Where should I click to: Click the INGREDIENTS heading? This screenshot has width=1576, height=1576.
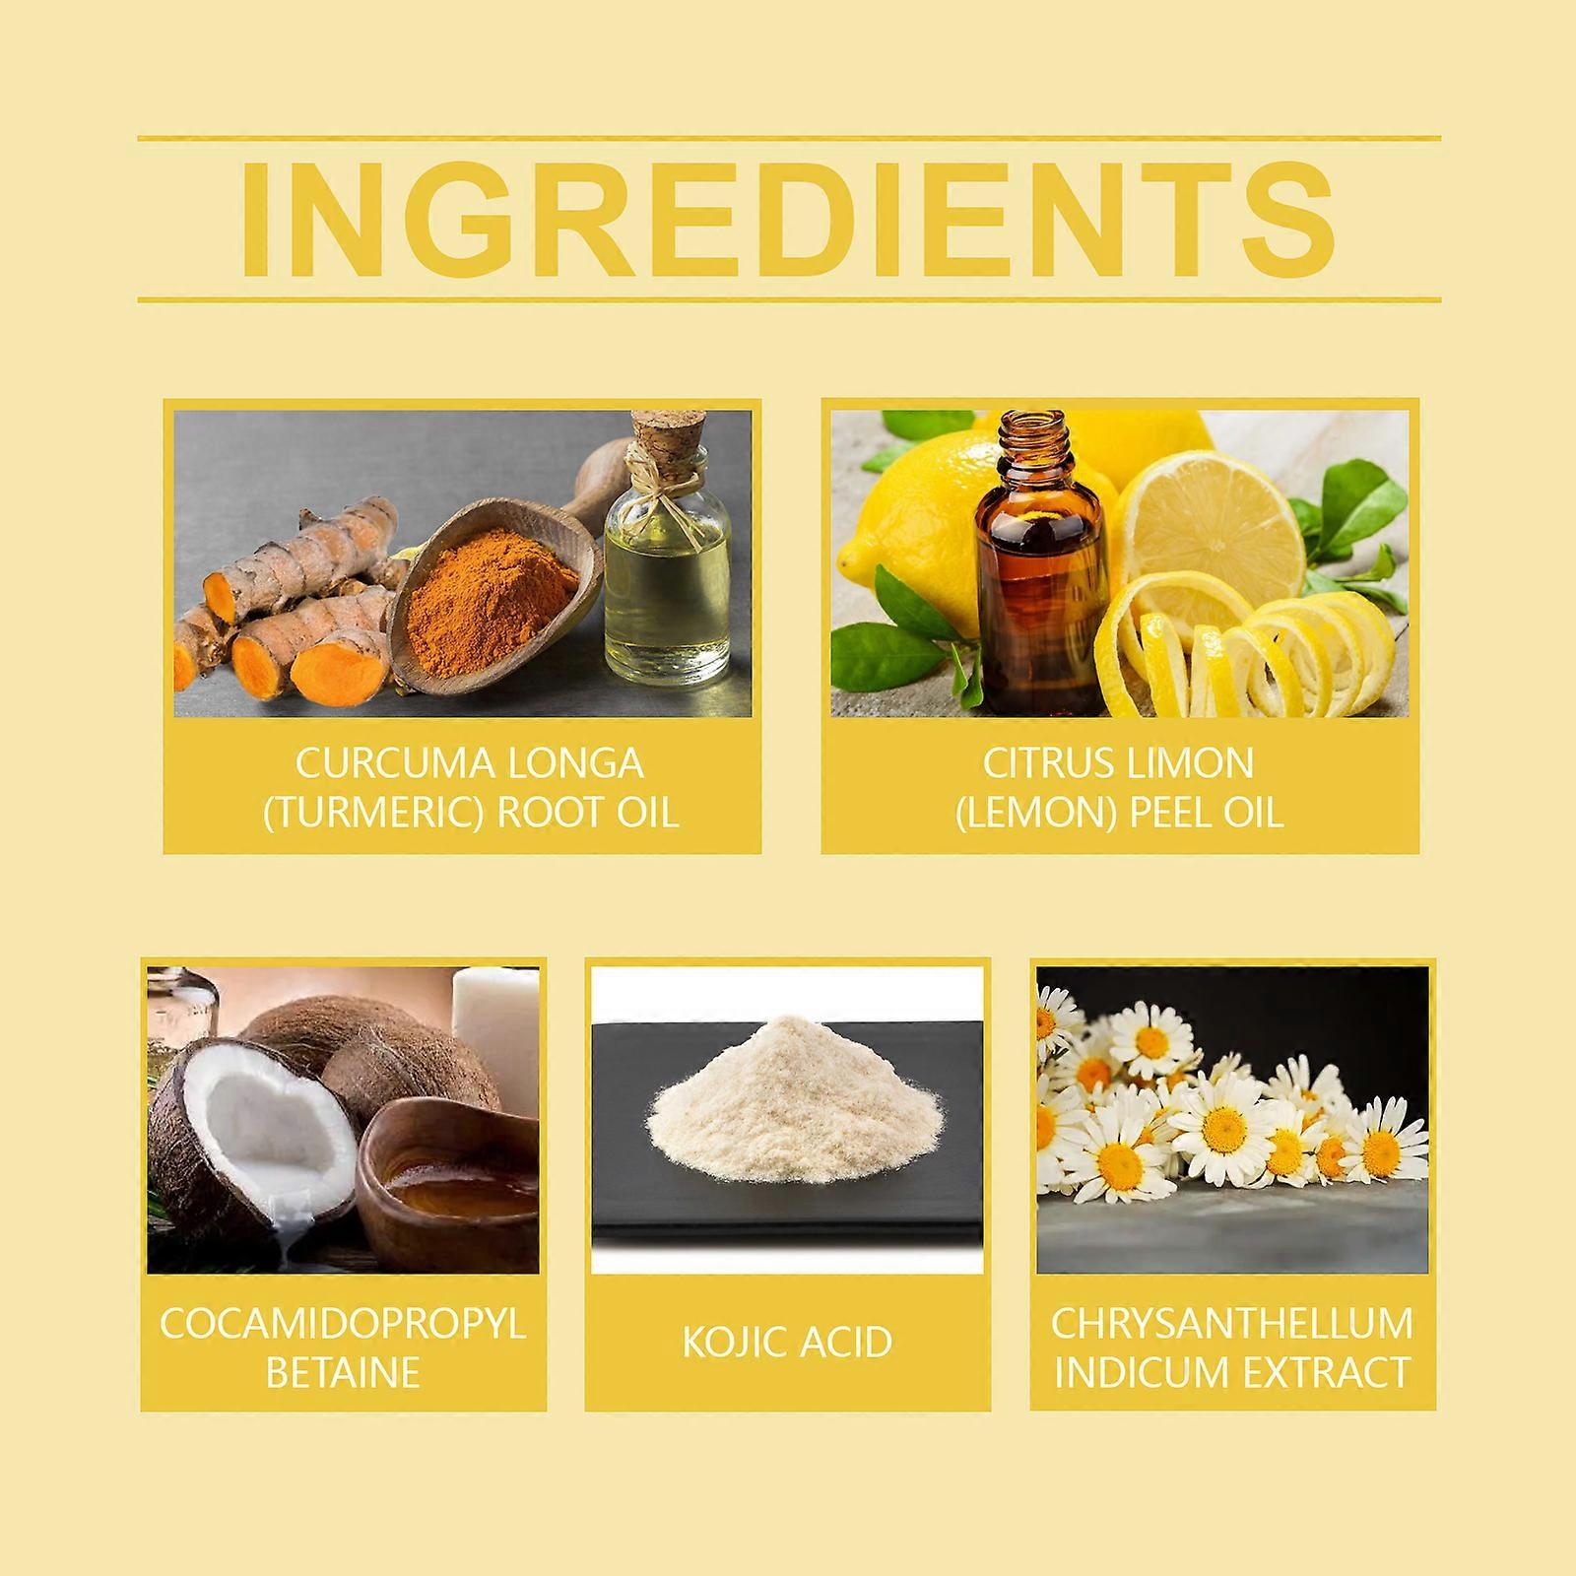coord(788,219)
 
